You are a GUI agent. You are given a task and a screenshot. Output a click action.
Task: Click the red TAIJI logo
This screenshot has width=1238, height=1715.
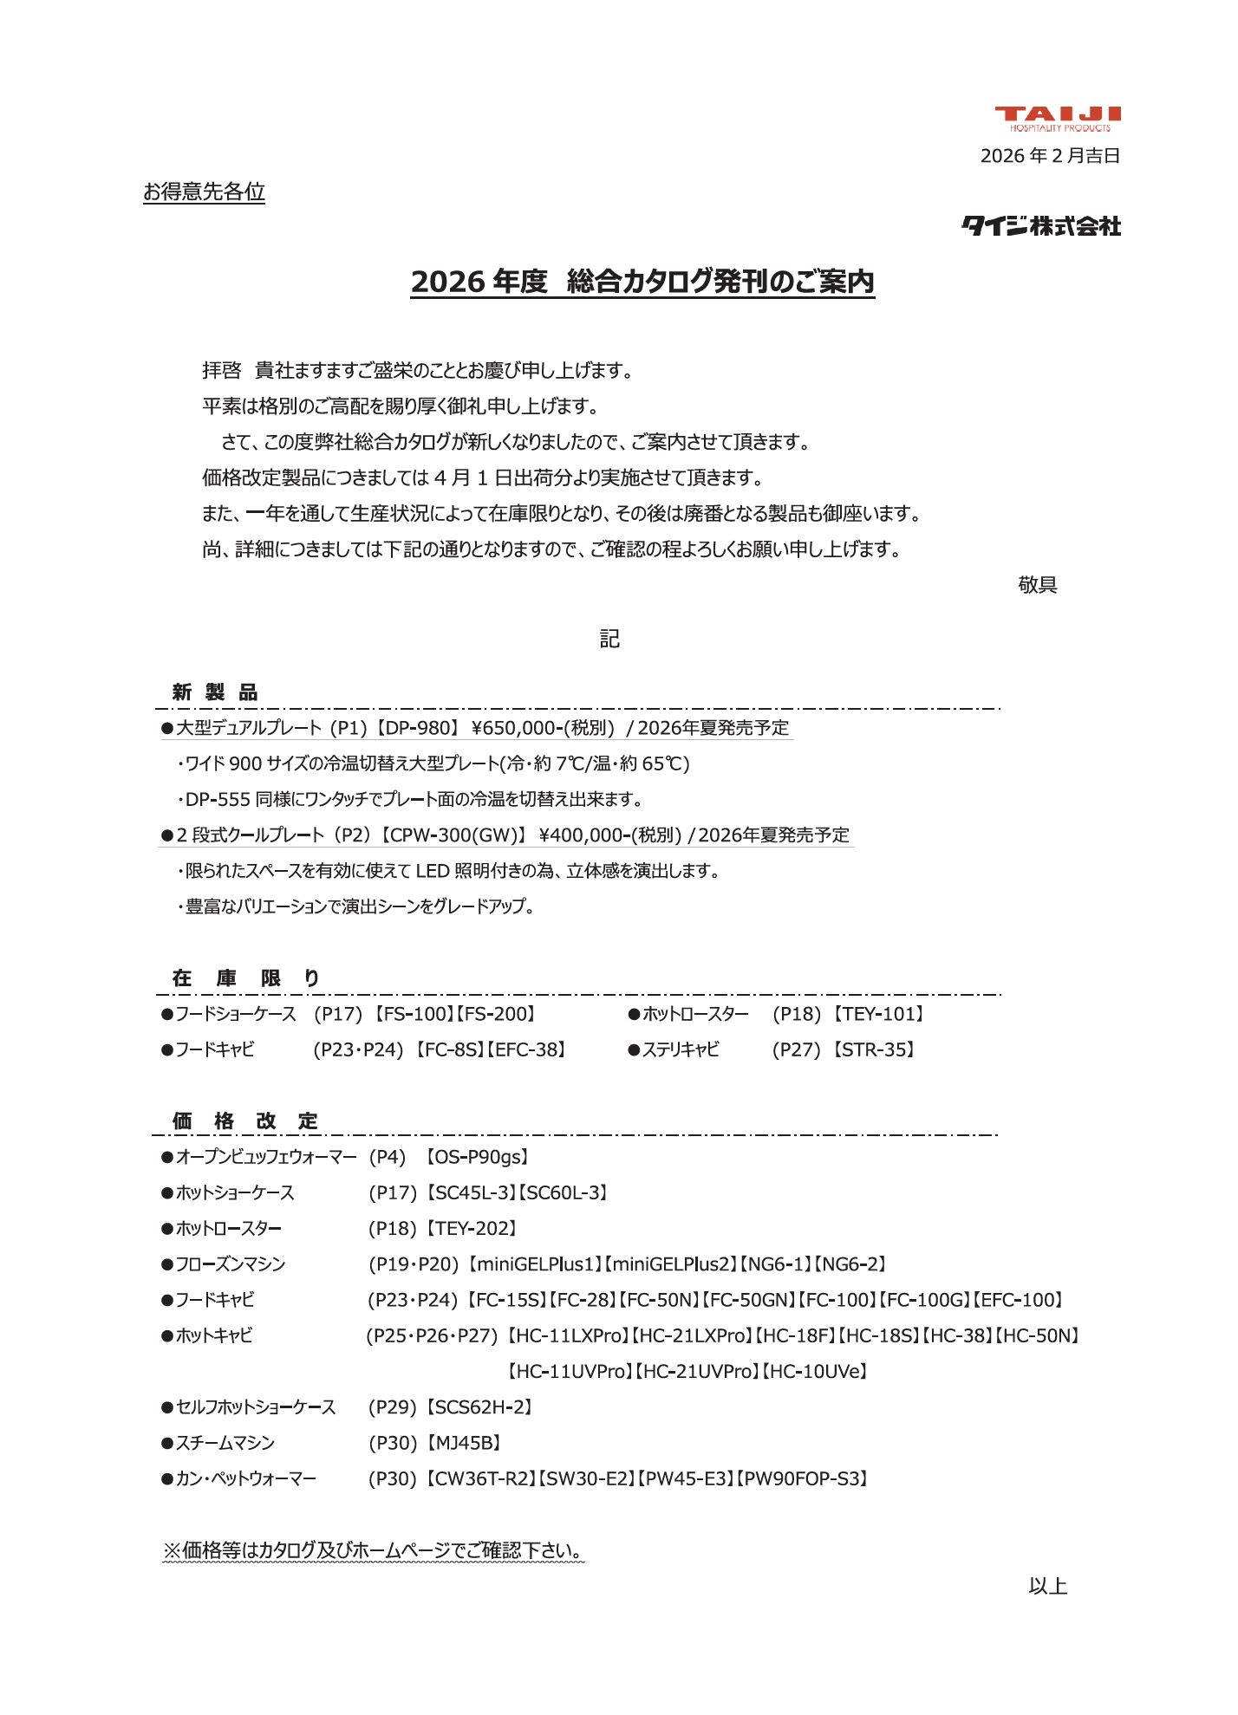pos(1058,118)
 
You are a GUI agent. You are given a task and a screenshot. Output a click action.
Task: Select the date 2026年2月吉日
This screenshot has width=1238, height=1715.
pos(1050,156)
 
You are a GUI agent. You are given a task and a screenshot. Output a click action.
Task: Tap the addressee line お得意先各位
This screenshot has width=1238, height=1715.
pos(204,192)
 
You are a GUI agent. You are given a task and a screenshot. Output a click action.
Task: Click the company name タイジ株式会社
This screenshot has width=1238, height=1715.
pos(1041,226)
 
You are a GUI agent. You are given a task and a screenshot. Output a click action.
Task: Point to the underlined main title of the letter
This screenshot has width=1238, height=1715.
pos(642,282)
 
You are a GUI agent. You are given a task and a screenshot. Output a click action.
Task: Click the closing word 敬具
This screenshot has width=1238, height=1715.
pos(1038,585)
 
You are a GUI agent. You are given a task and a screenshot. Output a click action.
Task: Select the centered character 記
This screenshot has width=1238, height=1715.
pos(609,639)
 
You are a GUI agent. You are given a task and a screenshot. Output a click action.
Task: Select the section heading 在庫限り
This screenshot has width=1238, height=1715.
pos(245,978)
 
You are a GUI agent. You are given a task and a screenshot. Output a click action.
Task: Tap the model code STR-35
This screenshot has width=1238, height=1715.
pos(876,1050)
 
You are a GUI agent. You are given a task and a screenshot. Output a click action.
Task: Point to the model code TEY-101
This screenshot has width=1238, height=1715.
pos(882,1014)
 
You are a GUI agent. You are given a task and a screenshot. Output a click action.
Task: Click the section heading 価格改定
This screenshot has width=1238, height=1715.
pos(245,1121)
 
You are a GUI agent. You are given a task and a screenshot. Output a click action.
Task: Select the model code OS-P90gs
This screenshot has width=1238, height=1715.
pos(477,1157)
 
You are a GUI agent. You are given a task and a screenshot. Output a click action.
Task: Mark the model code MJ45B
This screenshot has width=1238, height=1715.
pos(466,1443)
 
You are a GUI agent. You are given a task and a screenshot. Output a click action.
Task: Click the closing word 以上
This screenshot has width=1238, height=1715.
pos(1047,1586)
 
